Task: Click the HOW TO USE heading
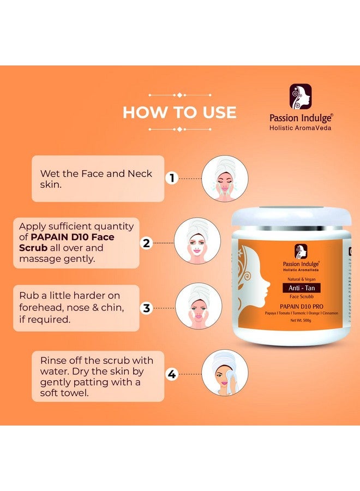[179, 112]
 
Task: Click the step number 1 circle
[172, 178]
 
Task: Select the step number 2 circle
[146, 243]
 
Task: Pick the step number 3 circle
[146, 308]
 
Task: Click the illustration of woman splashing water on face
[225, 178]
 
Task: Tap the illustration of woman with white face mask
[197, 243]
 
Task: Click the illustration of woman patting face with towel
[225, 373]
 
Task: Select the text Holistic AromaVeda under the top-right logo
[301, 128]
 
